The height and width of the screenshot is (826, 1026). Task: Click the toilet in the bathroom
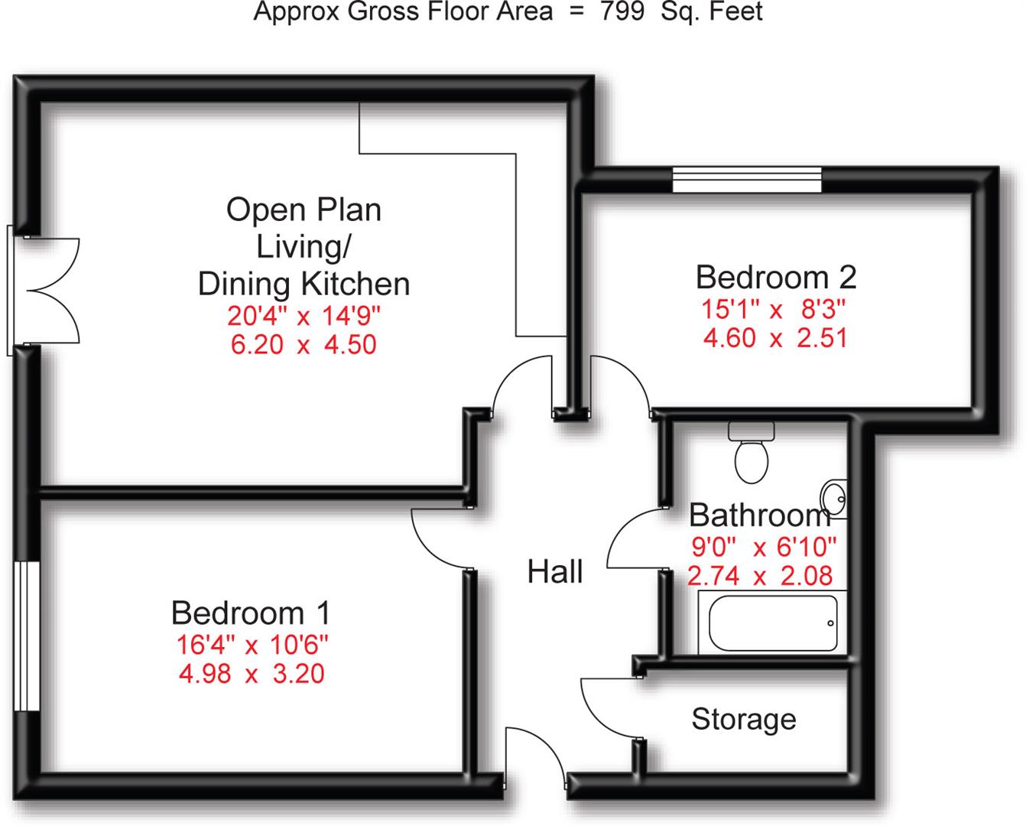pos(752,452)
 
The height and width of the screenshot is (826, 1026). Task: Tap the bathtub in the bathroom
pos(772,623)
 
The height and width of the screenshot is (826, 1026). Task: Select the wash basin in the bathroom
pos(834,499)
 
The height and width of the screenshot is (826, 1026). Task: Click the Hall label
pos(555,571)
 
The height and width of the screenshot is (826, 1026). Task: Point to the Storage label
pos(744,719)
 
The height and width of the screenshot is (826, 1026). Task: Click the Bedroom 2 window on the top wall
pos(747,179)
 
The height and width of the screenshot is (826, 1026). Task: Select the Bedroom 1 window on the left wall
pos(27,636)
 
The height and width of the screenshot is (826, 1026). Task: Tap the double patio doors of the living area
pos(44,291)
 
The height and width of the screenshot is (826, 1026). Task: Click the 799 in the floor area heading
pos(622,11)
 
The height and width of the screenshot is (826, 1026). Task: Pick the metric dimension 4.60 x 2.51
pos(776,338)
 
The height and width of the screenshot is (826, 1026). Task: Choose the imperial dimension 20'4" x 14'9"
pos(304,316)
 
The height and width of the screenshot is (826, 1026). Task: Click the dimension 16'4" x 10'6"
pos(252,646)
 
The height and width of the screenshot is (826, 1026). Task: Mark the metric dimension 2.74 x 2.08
pos(760,576)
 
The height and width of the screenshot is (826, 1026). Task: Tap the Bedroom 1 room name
pos(251,613)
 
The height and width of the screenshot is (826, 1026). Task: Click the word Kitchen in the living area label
pos(356,285)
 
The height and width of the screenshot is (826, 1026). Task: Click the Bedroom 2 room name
pos(776,278)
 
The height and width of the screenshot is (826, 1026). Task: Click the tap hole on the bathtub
pos(830,623)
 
